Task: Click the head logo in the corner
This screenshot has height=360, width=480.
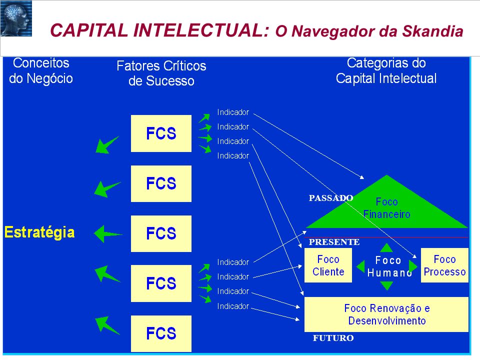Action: click(16, 18)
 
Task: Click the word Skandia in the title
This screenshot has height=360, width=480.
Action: click(432, 31)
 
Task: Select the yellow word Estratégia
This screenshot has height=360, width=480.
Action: click(39, 232)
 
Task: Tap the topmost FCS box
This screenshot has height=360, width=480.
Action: click(161, 133)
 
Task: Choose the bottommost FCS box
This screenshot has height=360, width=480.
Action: click(161, 333)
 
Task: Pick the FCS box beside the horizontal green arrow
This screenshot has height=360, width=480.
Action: click(161, 233)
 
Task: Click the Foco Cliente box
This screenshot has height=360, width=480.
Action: click(328, 265)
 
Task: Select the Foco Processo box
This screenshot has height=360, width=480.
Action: click(444, 265)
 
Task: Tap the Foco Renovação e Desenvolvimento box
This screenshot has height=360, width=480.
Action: click(386, 314)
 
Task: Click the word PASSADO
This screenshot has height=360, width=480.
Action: click(331, 198)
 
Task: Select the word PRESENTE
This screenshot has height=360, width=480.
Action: click(334, 242)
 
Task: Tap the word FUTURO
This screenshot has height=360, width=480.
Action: click(333, 338)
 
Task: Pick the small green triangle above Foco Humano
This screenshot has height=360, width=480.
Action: click(386, 247)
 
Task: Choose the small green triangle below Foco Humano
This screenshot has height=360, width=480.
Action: click(386, 285)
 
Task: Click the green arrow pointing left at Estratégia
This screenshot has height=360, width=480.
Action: click(108, 234)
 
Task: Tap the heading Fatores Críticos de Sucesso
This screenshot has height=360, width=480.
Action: click(161, 73)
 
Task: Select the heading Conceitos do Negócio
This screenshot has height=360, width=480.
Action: click(41, 70)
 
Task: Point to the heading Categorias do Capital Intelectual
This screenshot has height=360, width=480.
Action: click(386, 70)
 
